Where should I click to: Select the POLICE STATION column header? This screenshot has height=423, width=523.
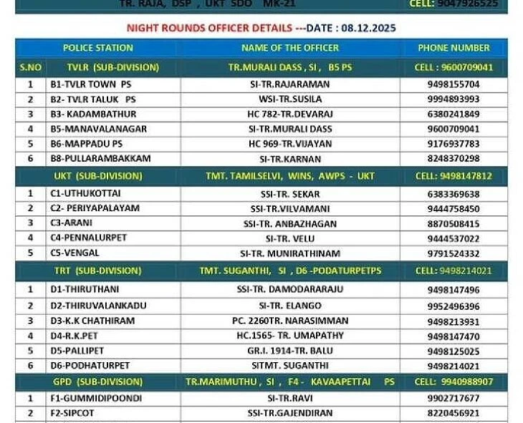pos(98,48)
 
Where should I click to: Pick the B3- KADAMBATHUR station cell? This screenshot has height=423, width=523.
pos(93,114)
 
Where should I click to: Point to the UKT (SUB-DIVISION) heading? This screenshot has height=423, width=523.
pos(98,175)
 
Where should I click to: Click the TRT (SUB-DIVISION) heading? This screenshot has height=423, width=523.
pos(98,271)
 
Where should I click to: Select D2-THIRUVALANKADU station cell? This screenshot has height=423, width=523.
pos(98,306)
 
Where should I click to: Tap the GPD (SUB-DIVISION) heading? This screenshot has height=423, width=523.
pos(98,381)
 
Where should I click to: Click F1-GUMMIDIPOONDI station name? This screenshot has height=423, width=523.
pos(96,398)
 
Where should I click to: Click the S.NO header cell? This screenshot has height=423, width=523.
pos(31,67)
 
